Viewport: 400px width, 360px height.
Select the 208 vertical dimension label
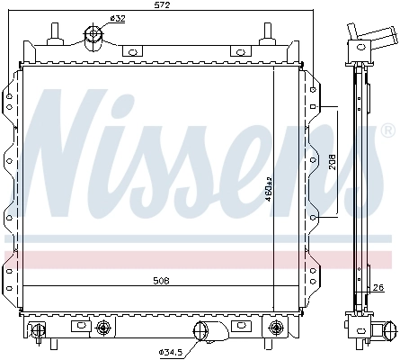click(x=331, y=162)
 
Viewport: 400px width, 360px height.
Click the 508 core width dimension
click(x=160, y=279)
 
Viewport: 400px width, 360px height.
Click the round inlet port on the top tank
click(x=93, y=36)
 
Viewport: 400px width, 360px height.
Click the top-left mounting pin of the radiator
click(x=56, y=32)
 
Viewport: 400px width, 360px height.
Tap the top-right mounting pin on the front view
click(x=265, y=32)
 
